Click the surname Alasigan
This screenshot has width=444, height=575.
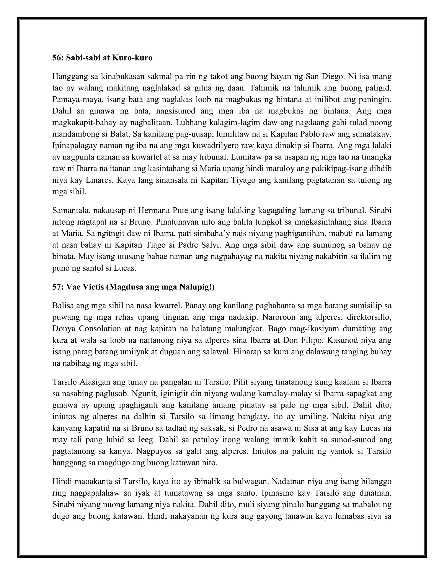pos(93,382)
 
